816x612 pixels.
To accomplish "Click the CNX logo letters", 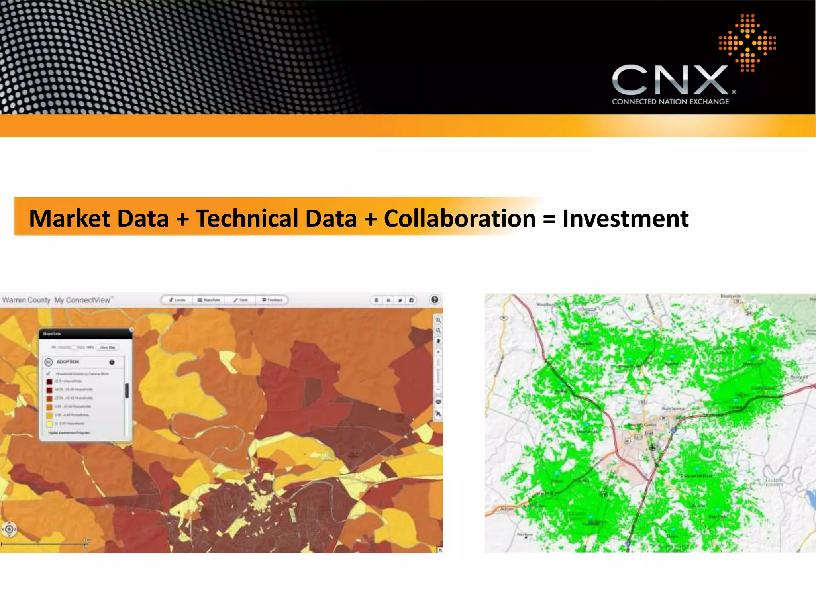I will click(670, 80).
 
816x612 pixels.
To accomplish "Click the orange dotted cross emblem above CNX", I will click(747, 43).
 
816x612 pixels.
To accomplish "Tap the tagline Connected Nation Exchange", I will click(670, 102).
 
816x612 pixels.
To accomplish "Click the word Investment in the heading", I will click(625, 219).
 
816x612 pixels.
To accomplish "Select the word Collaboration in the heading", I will click(459, 219).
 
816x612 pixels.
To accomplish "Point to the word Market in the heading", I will click(71, 219).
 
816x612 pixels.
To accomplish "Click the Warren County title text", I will click(26, 300).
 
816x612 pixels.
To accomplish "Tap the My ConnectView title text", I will click(82, 300).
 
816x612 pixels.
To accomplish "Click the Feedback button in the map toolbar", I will click(273, 300).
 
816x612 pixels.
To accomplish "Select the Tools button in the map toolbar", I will click(241, 300).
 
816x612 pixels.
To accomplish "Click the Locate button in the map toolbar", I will click(177, 300).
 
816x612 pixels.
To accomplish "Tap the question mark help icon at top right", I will click(435, 300).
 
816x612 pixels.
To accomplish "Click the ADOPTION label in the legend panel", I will click(68, 362).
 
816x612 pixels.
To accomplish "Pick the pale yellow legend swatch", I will click(49, 424).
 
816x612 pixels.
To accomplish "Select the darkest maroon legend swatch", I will click(49, 381).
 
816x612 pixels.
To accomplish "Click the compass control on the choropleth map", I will click(10, 529).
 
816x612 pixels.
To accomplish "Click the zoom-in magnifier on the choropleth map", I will click(438, 320).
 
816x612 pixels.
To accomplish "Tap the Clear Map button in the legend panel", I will click(107, 347).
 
